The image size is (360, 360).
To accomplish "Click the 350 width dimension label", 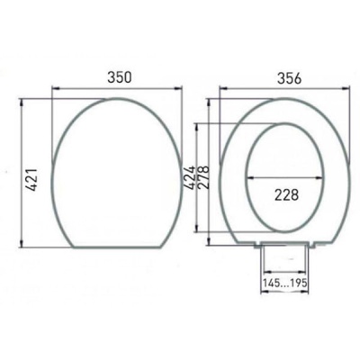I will (114, 77).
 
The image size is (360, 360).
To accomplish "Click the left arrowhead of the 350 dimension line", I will (56, 89).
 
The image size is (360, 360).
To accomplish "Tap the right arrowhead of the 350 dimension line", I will (174, 89).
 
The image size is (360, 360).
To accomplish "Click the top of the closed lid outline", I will (114, 100).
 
